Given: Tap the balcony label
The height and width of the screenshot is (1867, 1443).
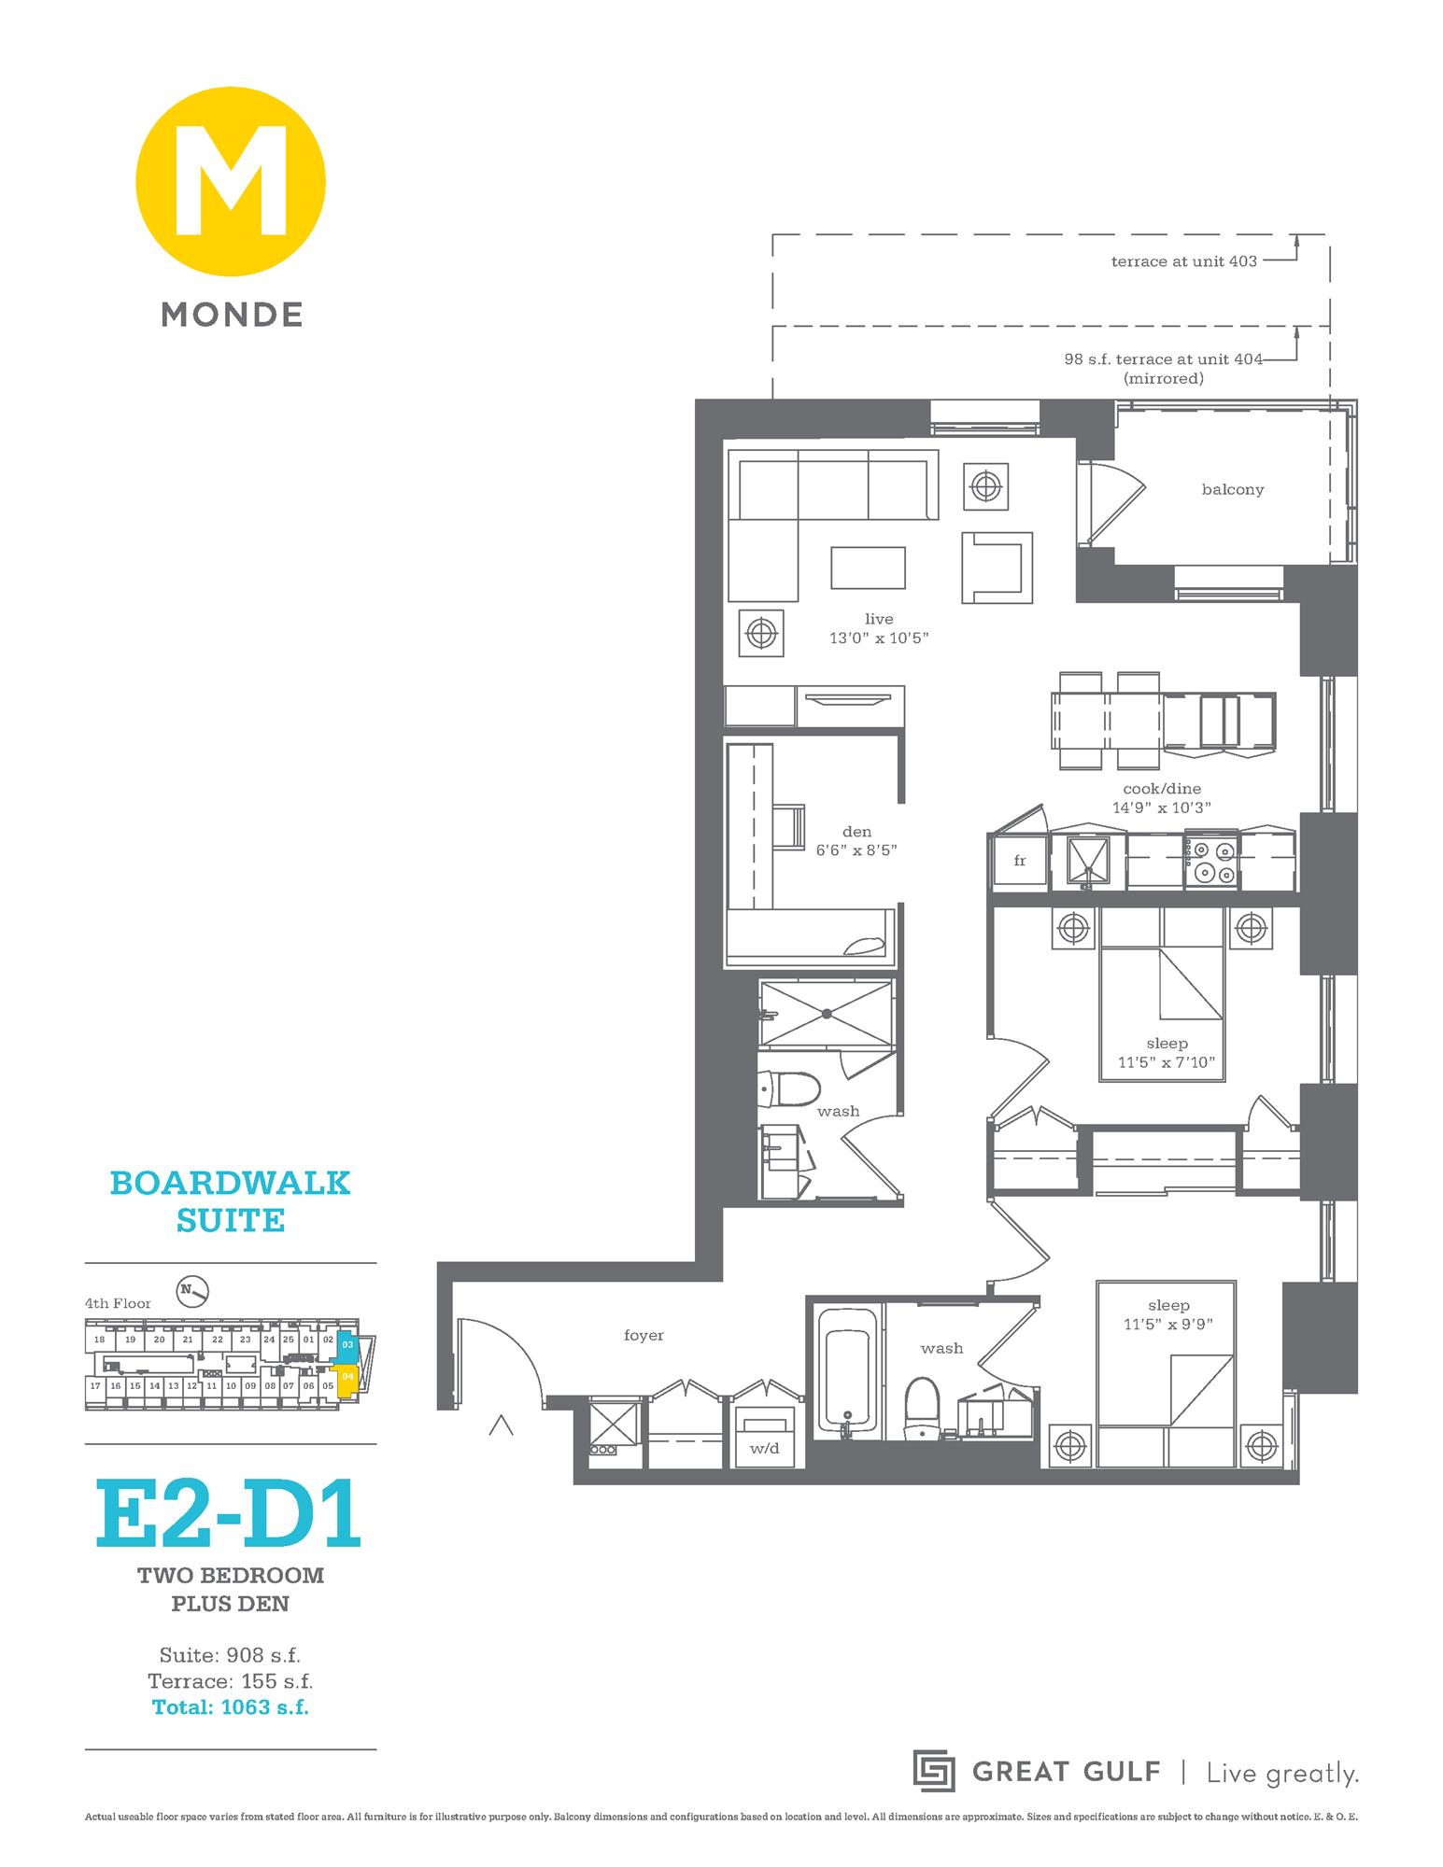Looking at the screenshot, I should (1232, 489).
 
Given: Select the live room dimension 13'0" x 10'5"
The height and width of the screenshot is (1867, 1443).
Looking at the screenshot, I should (879, 639).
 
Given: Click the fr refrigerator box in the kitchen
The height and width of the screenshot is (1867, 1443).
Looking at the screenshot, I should (1019, 861).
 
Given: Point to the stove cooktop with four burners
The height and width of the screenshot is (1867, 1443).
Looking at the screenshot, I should (1211, 861).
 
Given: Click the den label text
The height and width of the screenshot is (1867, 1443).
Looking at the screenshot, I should (856, 832).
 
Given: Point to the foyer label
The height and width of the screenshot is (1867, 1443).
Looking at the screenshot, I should (644, 1336).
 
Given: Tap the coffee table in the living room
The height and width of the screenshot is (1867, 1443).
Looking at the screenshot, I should (868, 568).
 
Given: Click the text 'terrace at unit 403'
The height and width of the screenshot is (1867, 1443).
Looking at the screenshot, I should (1183, 261).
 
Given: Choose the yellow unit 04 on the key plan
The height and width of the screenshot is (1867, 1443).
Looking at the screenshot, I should (347, 1378).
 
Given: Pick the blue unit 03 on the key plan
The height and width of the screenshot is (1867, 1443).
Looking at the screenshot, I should (347, 1345).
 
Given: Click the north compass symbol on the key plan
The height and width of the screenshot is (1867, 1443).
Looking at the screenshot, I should (194, 1291).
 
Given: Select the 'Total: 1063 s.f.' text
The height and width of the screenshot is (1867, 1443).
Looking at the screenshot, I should (230, 1707).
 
